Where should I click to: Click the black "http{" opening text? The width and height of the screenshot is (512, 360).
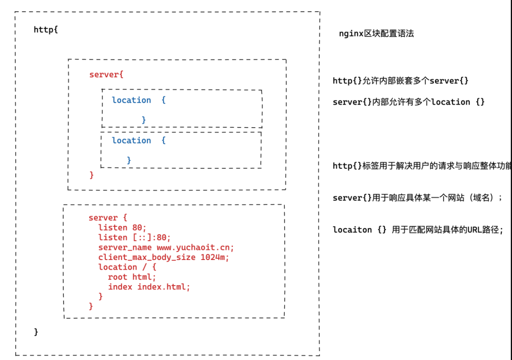(x=46, y=30)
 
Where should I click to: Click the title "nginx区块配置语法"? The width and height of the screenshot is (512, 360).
(x=376, y=34)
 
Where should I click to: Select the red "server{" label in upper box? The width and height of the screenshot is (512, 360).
(x=106, y=75)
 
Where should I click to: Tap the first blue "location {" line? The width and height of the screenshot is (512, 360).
(x=139, y=100)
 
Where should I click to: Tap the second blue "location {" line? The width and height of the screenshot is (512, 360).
(x=139, y=140)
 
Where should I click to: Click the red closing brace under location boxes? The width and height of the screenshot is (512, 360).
(x=92, y=175)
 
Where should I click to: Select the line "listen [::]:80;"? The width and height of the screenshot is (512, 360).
(x=135, y=238)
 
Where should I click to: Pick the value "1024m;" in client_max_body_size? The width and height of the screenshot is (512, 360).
(x=215, y=257)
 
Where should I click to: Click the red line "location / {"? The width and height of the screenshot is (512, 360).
(x=127, y=267)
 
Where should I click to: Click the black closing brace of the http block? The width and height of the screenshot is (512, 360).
(x=36, y=332)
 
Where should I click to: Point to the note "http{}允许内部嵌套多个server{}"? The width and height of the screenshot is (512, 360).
(x=400, y=81)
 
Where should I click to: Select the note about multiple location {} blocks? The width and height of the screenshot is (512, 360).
(x=408, y=102)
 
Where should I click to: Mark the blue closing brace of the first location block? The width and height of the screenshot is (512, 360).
(x=144, y=120)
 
